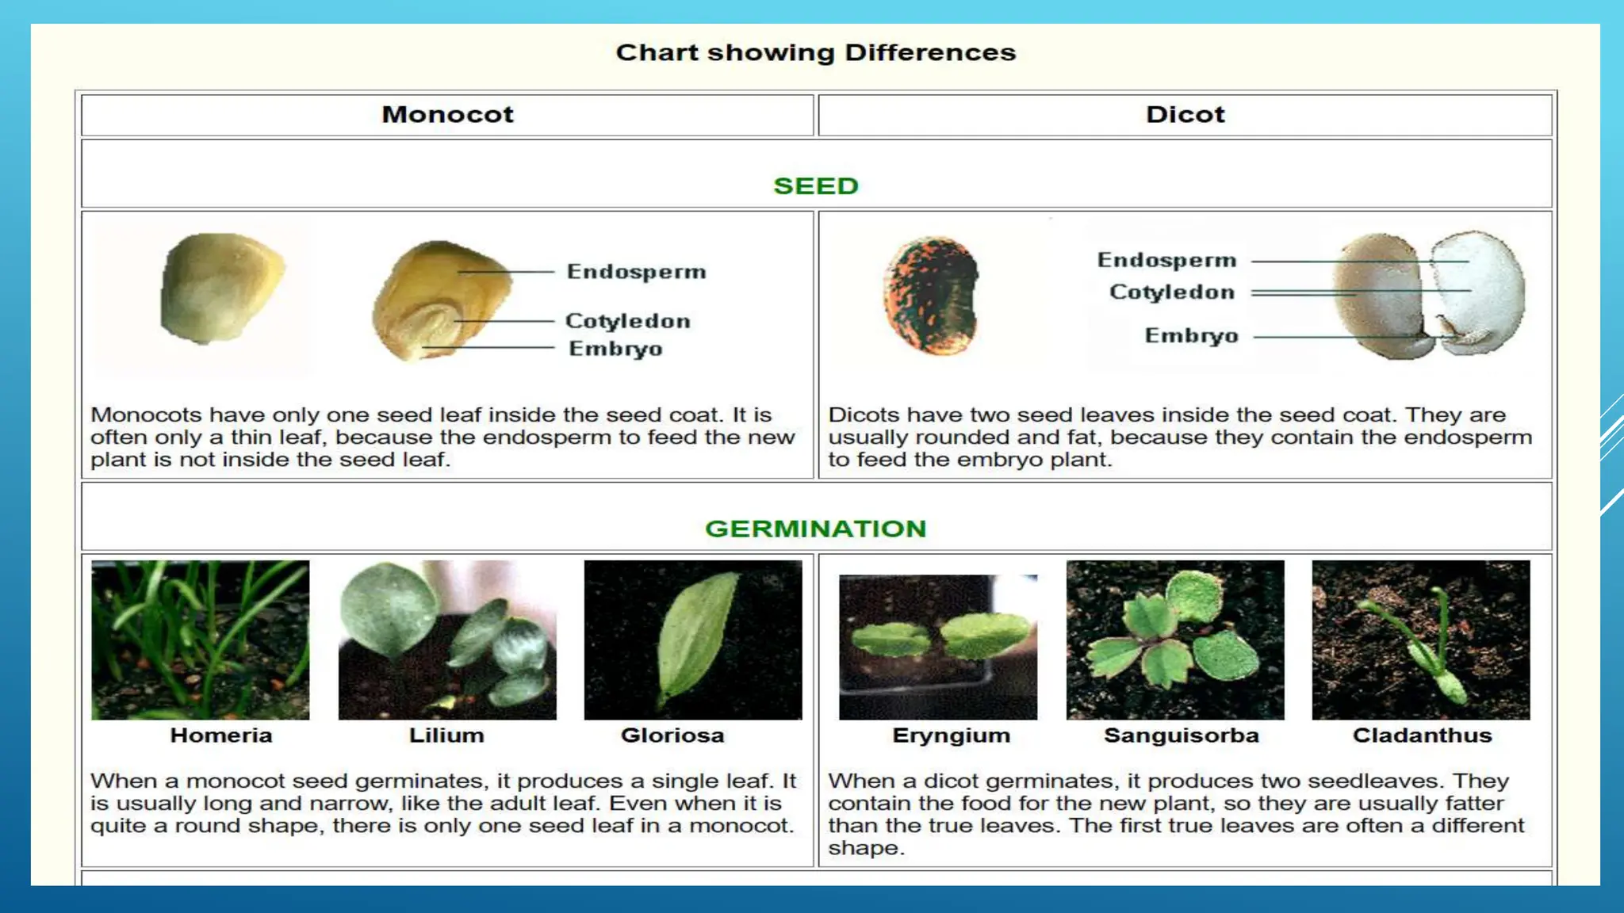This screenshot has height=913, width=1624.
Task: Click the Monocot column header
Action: [447, 114]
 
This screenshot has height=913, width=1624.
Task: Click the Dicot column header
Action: [1185, 114]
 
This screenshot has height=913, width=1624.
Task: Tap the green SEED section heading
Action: [815, 185]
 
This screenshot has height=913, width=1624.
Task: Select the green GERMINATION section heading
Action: [815, 528]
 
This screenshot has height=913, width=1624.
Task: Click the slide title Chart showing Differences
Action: [815, 52]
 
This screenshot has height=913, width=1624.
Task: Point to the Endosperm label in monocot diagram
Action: [636, 272]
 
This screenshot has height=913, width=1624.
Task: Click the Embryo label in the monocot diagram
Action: [615, 349]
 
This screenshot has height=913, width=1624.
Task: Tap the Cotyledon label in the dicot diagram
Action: [1171, 292]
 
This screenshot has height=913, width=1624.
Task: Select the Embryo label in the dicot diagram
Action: [1191, 336]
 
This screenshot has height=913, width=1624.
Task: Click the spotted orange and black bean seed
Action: [933, 295]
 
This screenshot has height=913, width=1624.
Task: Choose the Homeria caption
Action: [220, 735]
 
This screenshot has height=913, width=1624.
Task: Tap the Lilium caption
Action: [446, 735]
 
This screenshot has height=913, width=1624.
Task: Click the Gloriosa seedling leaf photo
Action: [692, 640]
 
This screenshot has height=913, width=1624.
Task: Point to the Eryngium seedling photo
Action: [937, 646]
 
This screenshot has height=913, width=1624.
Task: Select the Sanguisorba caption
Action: [1181, 735]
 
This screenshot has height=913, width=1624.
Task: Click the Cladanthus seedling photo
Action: [1420, 640]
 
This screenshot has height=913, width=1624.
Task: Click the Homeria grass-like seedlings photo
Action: [200, 640]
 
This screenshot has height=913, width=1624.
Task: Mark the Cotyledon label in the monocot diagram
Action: [627, 321]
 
